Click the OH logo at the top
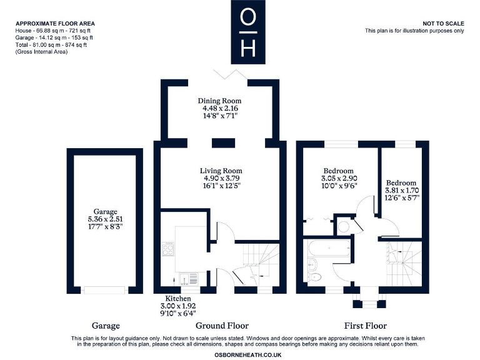(247, 32)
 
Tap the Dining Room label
(219, 101)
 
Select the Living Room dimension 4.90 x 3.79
(220, 178)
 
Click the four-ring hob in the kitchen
(168, 249)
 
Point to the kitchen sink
(185, 279)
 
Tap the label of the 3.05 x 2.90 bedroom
(338, 171)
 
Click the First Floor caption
(365, 326)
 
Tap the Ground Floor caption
(222, 326)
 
